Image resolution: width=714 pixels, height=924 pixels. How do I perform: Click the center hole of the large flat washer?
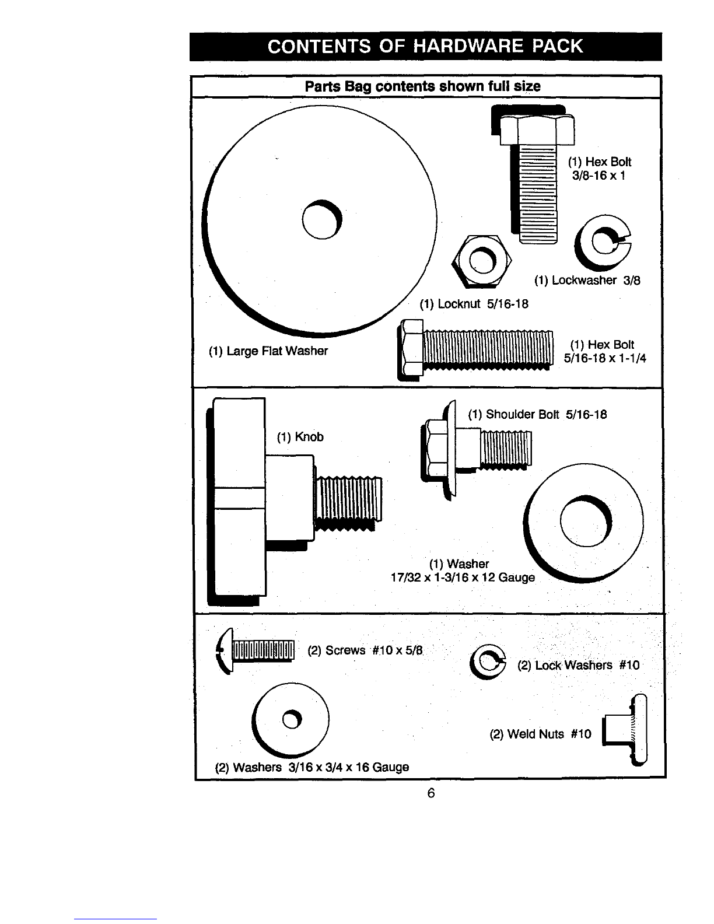(x=322, y=219)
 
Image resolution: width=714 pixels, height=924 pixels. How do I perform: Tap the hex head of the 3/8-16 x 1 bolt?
(x=537, y=129)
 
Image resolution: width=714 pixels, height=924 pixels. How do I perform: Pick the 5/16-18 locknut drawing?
(x=482, y=260)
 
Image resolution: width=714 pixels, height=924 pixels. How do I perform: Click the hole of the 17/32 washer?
(x=586, y=521)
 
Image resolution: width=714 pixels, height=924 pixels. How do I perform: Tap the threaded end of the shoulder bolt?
(x=506, y=448)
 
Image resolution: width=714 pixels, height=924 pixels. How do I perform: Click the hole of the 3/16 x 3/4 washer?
(x=292, y=719)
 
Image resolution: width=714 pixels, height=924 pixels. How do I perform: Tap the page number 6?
(x=430, y=793)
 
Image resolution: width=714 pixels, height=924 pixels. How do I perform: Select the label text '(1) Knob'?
(x=300, y=437)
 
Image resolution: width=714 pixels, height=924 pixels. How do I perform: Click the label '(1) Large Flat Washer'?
(x=268, y=351)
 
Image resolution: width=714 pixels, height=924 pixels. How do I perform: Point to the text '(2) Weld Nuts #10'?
(x=541, y=734)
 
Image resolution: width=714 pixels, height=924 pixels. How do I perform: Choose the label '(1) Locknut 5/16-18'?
(x=474, y=303)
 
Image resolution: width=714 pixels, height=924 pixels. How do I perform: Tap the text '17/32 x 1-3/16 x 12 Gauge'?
(x=463, y=577)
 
